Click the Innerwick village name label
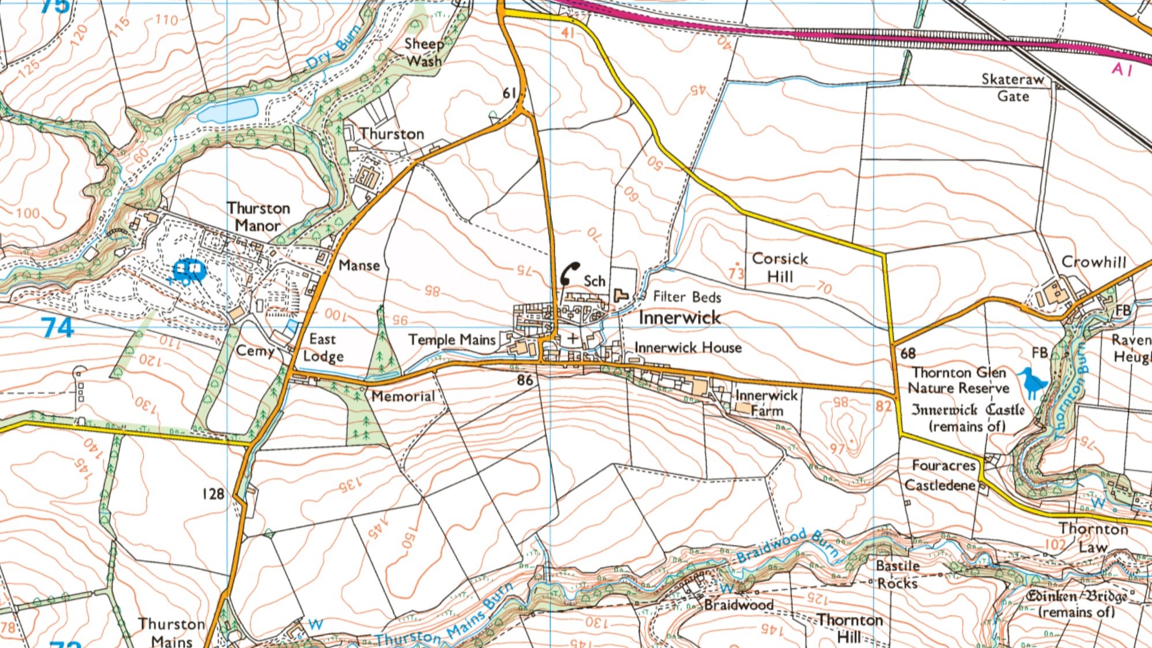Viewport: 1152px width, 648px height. [680, 318]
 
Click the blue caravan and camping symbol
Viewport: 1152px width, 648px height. [188, 270]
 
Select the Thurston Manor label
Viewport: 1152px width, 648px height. [258, 217]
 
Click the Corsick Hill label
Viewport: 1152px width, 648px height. [780, 267]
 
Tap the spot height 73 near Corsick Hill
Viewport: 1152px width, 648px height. [736, 271]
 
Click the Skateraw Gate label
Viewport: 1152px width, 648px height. [1013, 87]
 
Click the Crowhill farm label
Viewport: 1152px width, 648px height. [1094, 262]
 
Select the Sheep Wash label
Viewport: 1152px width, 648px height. [424, 52]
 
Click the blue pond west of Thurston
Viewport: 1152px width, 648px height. [228, 110]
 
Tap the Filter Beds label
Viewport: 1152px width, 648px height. [687, 297]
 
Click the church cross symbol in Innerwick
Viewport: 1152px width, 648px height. [572, 338]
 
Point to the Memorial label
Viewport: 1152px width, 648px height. [402, 396]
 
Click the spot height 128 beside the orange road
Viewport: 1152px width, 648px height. [212, 494]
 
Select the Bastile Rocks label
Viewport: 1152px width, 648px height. [897, 574]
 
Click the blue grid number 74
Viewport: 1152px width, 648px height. [57, 327]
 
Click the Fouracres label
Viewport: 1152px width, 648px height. [943, 465]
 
